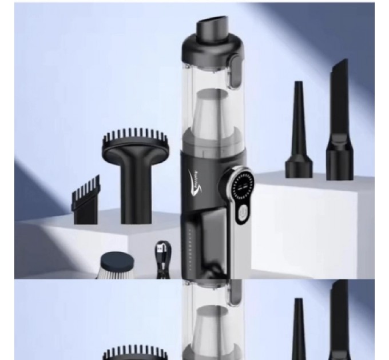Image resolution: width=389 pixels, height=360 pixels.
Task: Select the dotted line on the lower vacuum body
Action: (x=188, y=246)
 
